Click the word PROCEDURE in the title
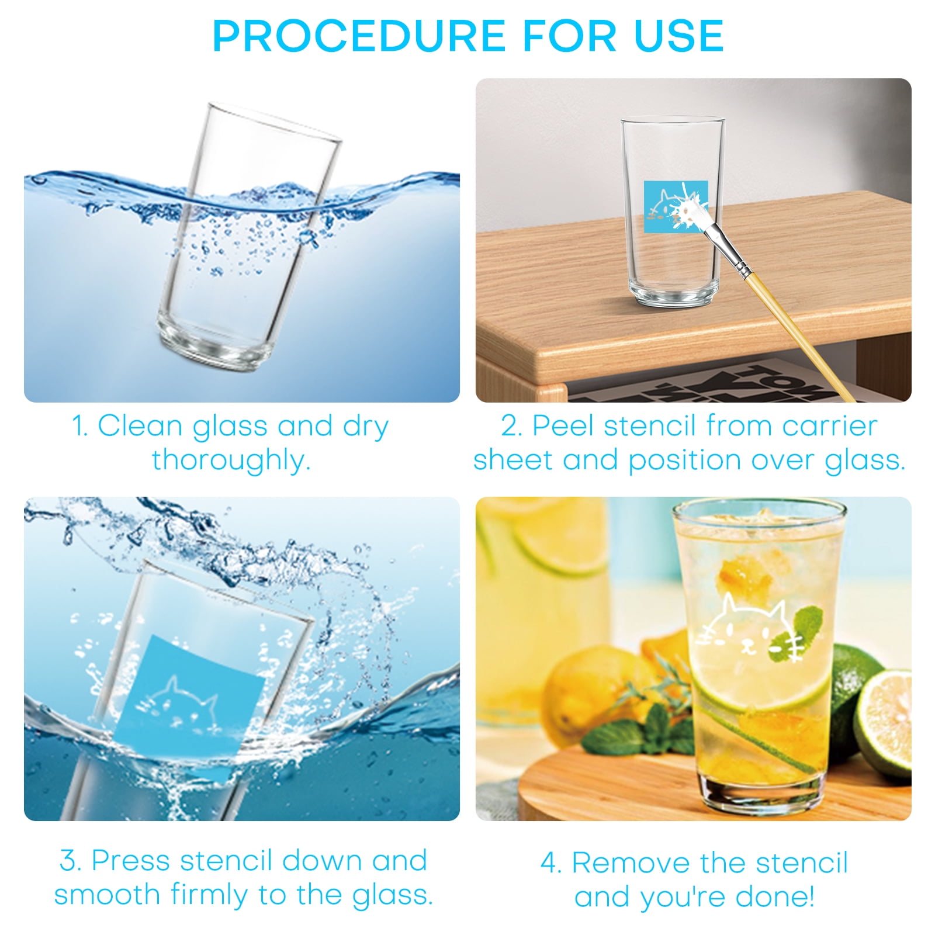(x=359, y=36)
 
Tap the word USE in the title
(x=679, y=36)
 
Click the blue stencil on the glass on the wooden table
(x=676, y=206)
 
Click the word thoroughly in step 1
(x=231, y=460)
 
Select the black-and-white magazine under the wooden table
(x=714, y=380)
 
